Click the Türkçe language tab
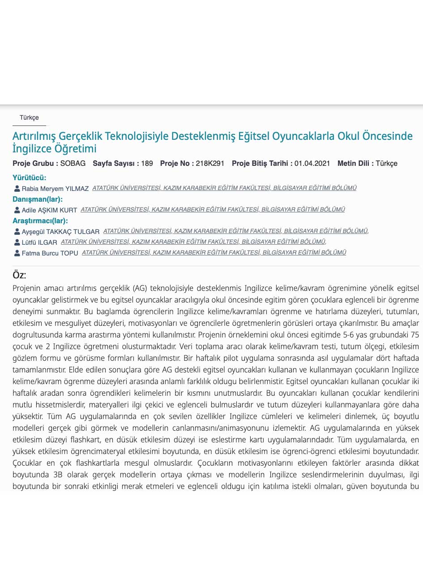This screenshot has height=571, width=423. coord(29,118)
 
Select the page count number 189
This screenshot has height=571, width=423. coord(147,164)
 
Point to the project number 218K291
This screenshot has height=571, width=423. coord(210,164)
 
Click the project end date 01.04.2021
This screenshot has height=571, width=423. coord(312,164)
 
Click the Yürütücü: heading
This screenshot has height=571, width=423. coord(29,178)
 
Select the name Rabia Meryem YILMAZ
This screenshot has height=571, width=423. coord(55,189)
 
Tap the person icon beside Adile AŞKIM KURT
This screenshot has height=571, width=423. coord(17,210)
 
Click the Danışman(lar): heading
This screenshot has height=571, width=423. coord(38,199)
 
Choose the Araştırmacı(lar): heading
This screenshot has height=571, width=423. coord(40,221)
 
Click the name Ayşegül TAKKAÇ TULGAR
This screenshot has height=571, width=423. coord(60,232)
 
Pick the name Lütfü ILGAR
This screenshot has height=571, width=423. coord(39,242)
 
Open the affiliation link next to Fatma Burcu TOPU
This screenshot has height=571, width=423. coord(214,253)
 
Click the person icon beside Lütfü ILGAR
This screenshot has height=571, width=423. coord(17,242)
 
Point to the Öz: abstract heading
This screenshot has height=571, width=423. coord(19,275)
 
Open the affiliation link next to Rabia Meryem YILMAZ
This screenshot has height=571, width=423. coord(224,188)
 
